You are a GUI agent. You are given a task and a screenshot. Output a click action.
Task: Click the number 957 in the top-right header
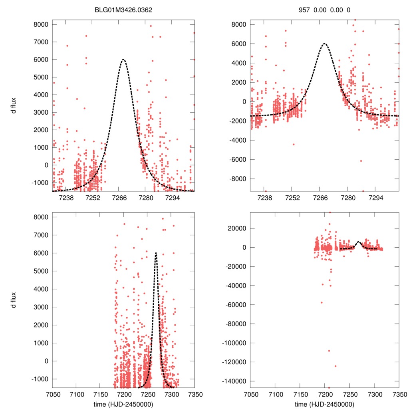click(304, 9)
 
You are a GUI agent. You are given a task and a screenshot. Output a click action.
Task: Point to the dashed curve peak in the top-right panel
click(324, 44)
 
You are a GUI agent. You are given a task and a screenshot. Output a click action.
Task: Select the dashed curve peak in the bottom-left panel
click(156, 253)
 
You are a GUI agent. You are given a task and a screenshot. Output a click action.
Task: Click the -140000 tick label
click(235, 381)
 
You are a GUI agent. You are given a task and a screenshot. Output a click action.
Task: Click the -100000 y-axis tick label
click(235, 343)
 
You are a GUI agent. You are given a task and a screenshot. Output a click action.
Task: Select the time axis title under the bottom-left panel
click(123, 404)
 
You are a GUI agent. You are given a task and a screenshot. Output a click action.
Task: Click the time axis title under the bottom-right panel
click(324, 404)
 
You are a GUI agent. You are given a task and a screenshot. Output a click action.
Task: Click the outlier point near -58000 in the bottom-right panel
click(322, 302)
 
